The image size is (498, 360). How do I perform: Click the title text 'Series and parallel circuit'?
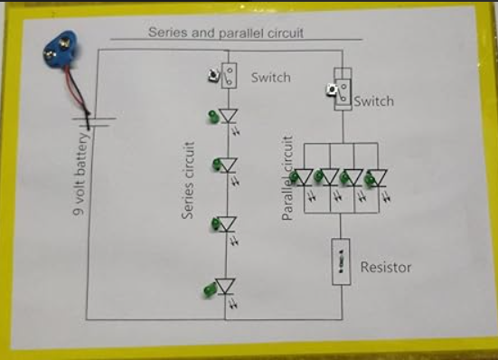click(225, 32)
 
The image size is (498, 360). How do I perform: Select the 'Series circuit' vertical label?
click(189, 180)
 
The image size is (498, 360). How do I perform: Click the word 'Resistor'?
click(386, 267)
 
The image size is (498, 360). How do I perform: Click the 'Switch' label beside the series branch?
click(270, 78)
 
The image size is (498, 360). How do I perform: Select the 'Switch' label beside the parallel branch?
click(374, 101)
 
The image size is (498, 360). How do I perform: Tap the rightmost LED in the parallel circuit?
click(380, 177)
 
